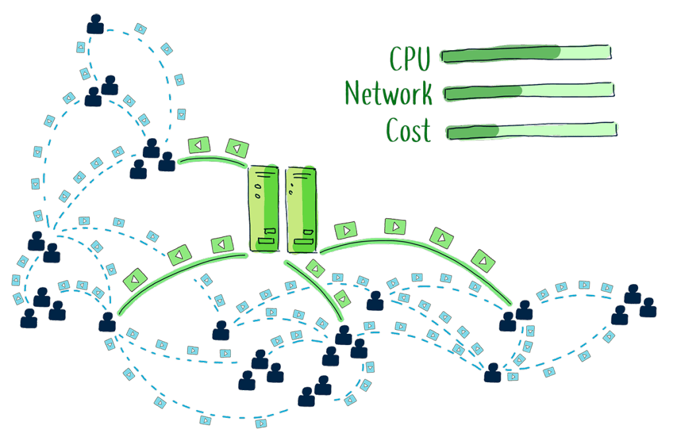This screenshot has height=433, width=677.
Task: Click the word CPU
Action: [x=409, y=58]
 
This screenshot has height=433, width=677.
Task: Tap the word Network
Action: [x=388, y=93]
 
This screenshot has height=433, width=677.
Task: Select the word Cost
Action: [x=408, y=130]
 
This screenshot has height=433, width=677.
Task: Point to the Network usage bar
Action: [x=529, y=92]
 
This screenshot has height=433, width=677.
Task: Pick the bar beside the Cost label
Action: [x=532, y=130]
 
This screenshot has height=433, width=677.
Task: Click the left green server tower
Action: [x=265, y=209]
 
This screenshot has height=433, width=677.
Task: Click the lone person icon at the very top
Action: [x=96, y=24]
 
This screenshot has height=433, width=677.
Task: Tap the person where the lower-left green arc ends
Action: [x=107, y=322]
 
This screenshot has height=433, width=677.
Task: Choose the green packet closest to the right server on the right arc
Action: [x=345, y=231]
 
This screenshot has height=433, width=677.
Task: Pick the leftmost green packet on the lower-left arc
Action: [x=135, y=279]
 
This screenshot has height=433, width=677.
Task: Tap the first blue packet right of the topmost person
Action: [x=139, y=28]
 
